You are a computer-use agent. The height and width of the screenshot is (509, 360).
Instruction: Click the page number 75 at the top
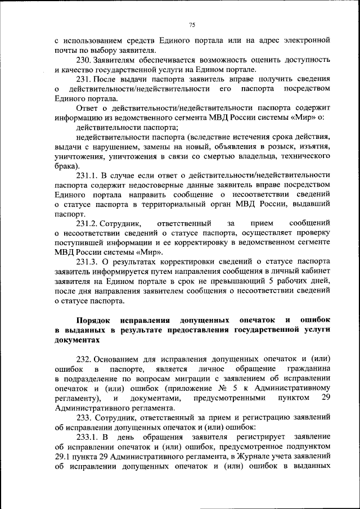pos(191,25)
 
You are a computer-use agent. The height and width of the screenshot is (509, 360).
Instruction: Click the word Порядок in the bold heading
pos(77,319)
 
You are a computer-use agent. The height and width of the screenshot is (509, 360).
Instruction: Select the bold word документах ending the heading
pos(77,340)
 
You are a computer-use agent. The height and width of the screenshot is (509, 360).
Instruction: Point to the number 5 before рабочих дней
pos(271,281)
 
